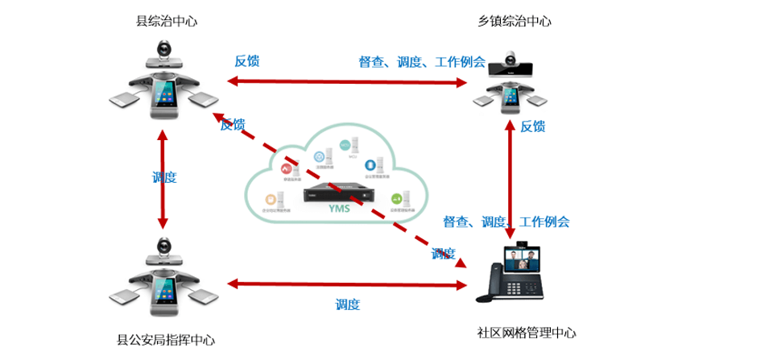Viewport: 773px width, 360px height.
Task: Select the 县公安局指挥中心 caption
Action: pos(166,340)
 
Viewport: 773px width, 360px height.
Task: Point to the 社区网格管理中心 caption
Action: pos(527,333)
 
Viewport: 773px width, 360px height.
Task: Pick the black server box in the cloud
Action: pos(338,195)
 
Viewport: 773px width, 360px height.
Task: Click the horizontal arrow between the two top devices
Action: pos(347,81)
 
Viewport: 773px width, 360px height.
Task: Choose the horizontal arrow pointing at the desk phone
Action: pos(347,283)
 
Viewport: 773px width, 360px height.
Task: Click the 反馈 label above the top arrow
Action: pos(246,61)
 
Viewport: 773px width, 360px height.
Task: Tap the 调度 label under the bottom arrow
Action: pos(347,304)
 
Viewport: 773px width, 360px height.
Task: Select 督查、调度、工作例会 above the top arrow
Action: pos(422,62)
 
